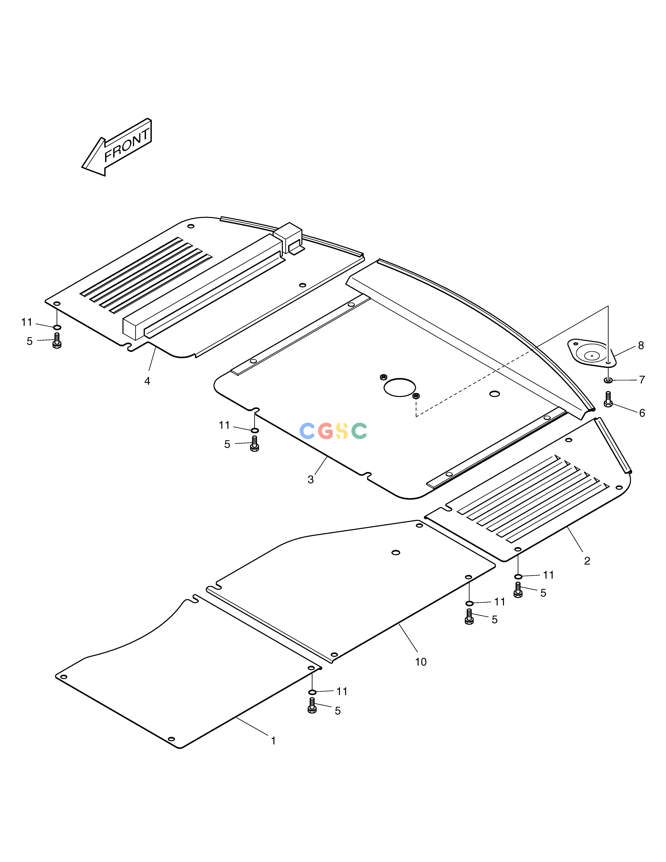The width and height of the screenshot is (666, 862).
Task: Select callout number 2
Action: pos(587,561)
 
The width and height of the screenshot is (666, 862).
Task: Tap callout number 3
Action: pos(311,480)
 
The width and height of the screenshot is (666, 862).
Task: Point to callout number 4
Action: pos(147,381)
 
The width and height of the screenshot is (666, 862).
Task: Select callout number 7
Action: pos(642,380)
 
